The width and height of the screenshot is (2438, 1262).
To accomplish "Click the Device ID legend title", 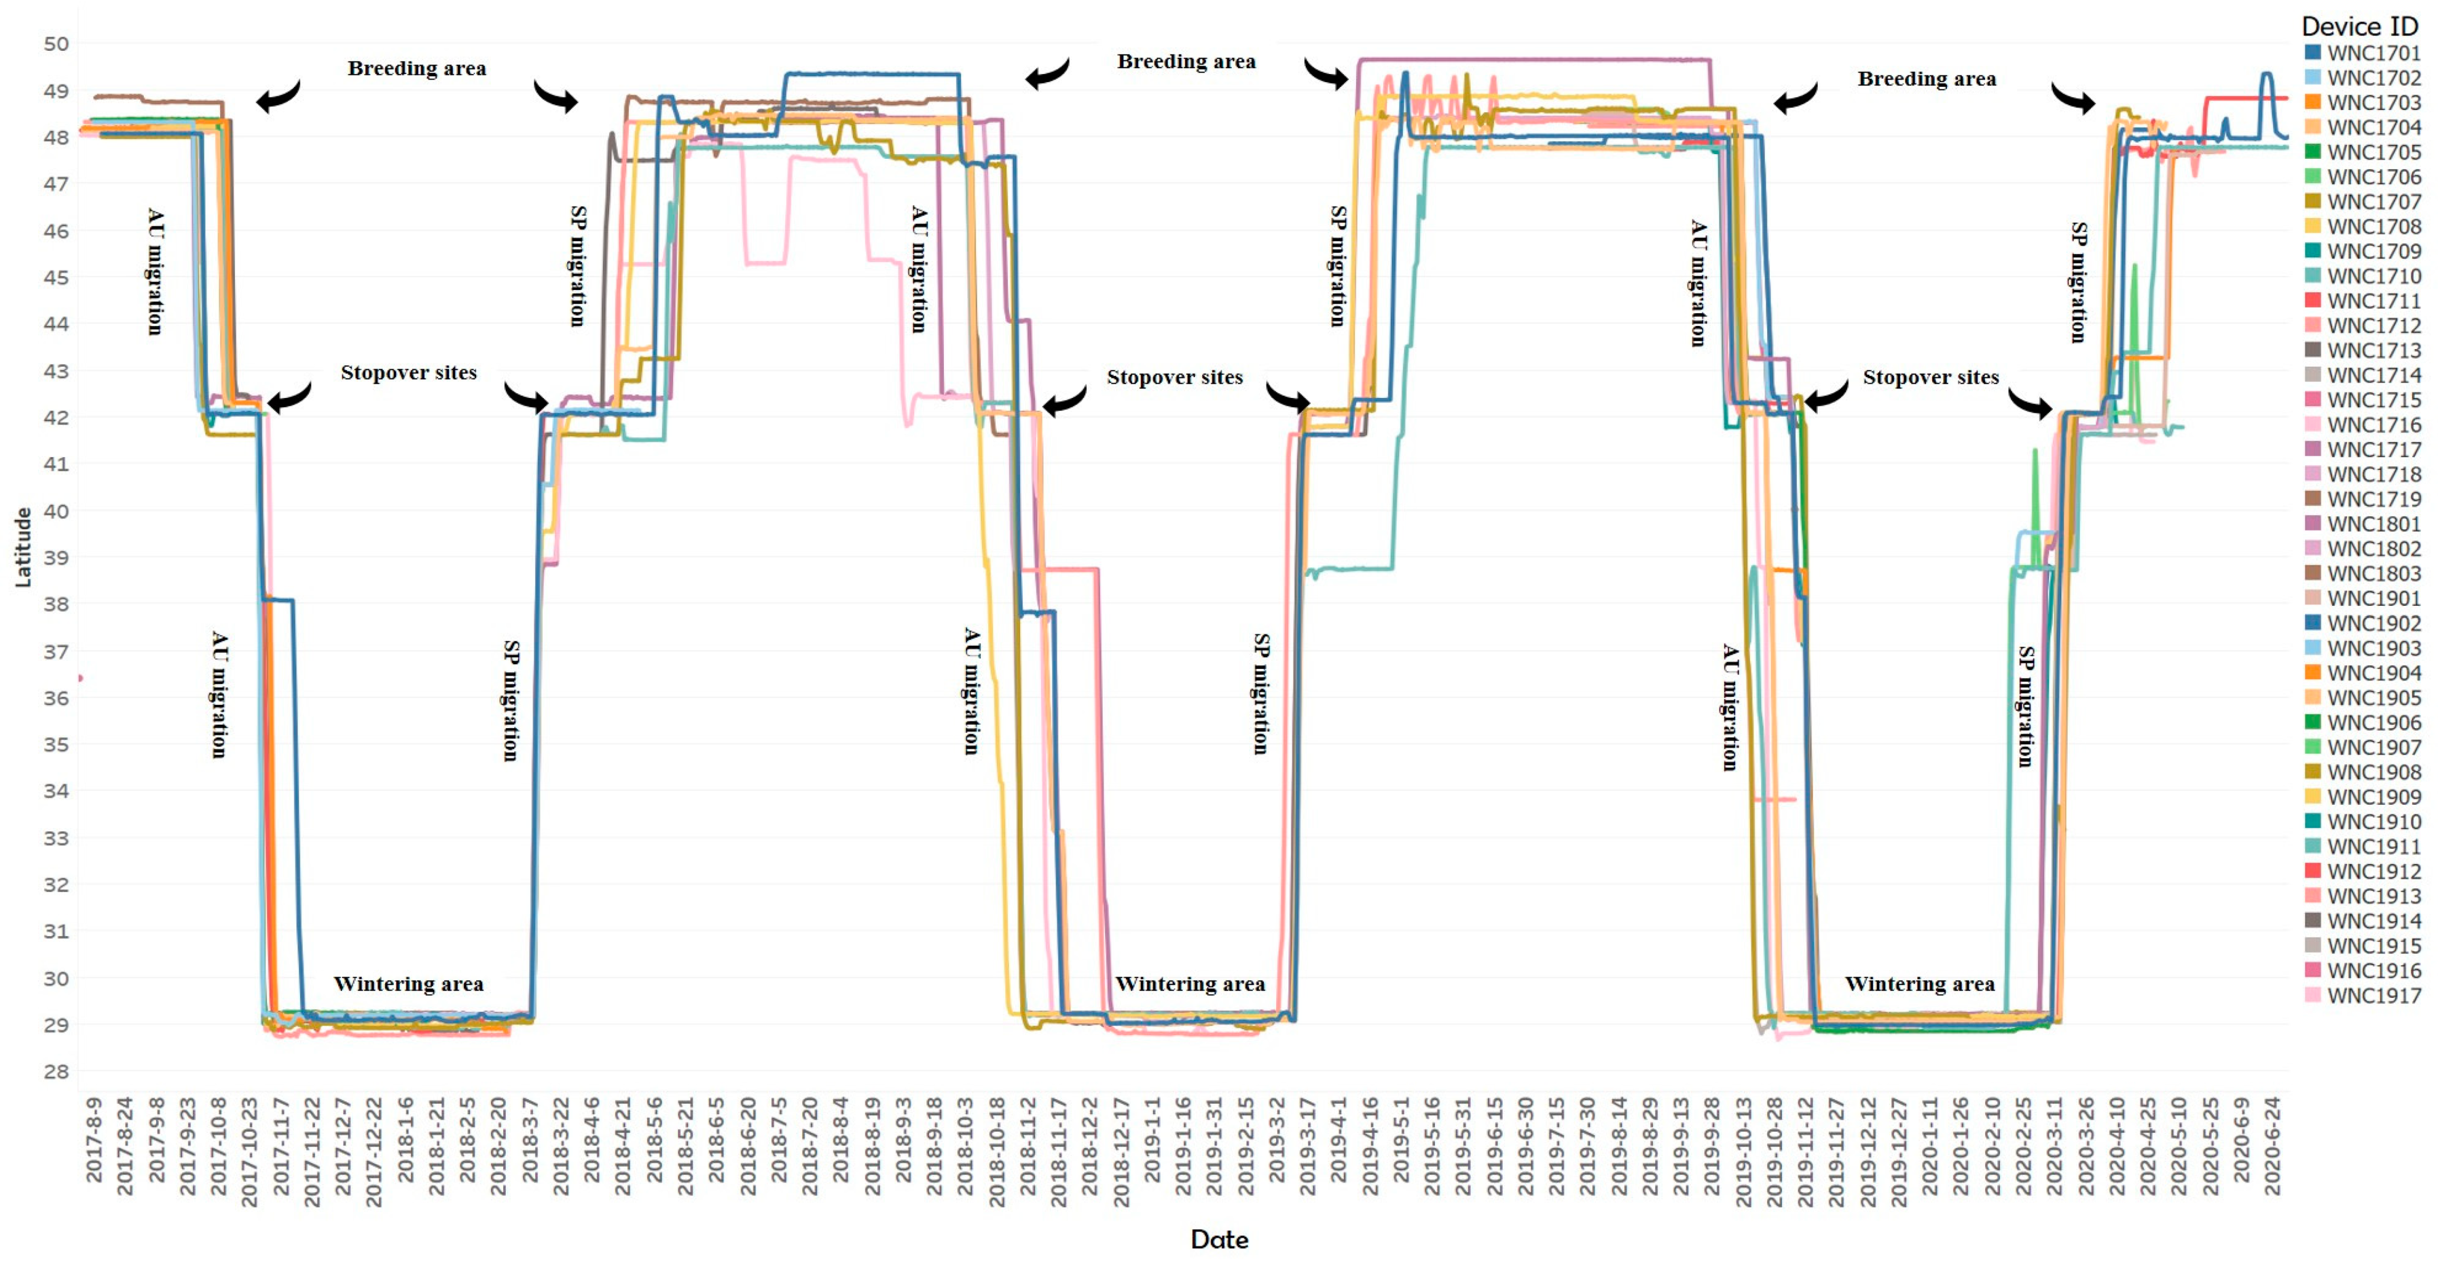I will coord(2360,25).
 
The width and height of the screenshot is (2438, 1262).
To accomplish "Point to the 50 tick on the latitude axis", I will coord(56,43).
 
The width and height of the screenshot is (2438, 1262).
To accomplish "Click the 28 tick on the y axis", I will coord(56,1071).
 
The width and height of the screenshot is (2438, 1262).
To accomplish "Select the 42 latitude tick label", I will coord(56,417).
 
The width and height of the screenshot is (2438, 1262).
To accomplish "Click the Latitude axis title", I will coord(23,547).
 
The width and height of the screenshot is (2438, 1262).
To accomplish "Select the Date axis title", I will coord(1219,1239).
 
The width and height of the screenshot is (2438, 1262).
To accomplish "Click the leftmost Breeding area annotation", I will coord(416,68).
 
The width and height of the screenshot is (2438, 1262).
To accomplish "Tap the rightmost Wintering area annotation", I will coord(1920,984).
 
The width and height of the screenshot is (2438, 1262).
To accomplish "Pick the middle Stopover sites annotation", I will coord(1175,377).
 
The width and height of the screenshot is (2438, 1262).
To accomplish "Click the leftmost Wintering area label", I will coord(408,984).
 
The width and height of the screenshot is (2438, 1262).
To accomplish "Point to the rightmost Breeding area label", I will coord(1927,79).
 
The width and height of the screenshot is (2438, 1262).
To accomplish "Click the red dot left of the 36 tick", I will coord(80,678).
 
